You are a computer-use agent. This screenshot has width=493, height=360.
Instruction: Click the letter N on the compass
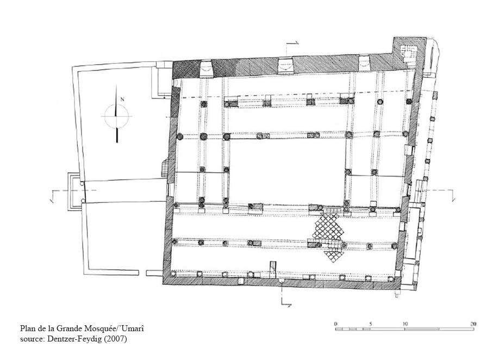coord(122,100)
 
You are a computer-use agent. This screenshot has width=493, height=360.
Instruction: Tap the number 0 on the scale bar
coord(336,324)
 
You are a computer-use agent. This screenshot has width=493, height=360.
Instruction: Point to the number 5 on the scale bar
coord(371,324)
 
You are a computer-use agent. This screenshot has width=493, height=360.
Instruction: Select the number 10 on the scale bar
coord(405,324)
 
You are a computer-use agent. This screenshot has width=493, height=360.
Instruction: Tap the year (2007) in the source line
coord(116,339)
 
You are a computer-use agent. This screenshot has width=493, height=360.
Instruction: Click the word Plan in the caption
coord(27,329)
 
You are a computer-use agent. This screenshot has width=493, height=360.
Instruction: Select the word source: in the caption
coord(33,339)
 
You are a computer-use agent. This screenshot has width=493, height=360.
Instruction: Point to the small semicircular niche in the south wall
coord(282,281)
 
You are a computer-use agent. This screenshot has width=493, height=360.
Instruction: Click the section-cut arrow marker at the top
coord(291,44)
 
